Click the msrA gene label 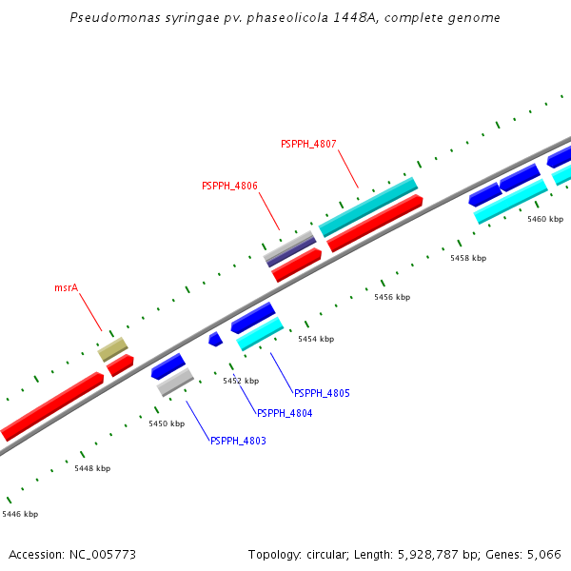(66, 286)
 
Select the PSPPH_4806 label (229, 187)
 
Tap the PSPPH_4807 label (308, 144)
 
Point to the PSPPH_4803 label (238, 441)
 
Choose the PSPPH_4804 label (285, 413)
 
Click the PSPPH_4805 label (322, 393)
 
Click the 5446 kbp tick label (20, 514)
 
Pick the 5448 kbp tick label (92, 468)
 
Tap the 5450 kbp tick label (167, 423)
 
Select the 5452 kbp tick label (241, 381)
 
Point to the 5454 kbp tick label (316, 339)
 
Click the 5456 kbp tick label (392, 297)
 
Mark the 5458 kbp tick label (468, 258)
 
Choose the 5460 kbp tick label (545, 219)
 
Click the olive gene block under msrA (112, 349)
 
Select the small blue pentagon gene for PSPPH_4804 (215, 339)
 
